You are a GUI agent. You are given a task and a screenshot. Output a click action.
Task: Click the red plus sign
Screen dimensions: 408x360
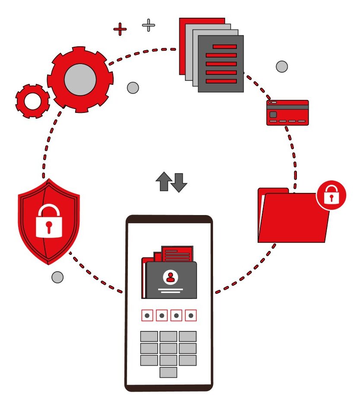120,29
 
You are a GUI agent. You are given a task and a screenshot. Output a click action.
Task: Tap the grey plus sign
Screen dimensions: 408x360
149,25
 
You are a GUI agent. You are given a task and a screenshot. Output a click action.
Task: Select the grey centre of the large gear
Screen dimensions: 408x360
80,80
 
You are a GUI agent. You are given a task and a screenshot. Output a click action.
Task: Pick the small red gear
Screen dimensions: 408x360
32,101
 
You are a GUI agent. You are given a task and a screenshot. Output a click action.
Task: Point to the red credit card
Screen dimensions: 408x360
287,113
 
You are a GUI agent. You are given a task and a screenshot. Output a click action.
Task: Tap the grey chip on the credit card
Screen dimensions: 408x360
273,115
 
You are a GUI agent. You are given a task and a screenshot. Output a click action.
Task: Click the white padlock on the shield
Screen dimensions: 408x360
49,221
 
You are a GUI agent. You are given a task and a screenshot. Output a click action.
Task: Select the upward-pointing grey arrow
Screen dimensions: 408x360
163,181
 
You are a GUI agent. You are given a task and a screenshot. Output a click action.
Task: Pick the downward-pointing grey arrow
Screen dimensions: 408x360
178,182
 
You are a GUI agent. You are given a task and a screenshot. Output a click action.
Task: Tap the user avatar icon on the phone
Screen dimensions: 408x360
171,277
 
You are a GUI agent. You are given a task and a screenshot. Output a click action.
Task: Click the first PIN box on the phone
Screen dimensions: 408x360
147,316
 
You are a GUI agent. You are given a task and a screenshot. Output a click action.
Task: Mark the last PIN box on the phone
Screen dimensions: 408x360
191,316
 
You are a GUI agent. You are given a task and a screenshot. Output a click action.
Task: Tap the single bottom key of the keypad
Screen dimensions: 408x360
168,372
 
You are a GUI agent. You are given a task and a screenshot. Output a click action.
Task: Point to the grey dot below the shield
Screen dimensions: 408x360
57,277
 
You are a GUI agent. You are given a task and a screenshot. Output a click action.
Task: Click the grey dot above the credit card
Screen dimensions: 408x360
282,67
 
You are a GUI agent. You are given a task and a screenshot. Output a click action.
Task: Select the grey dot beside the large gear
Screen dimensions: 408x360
133,88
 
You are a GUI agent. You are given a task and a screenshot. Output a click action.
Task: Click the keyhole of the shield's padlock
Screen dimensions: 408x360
49,226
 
